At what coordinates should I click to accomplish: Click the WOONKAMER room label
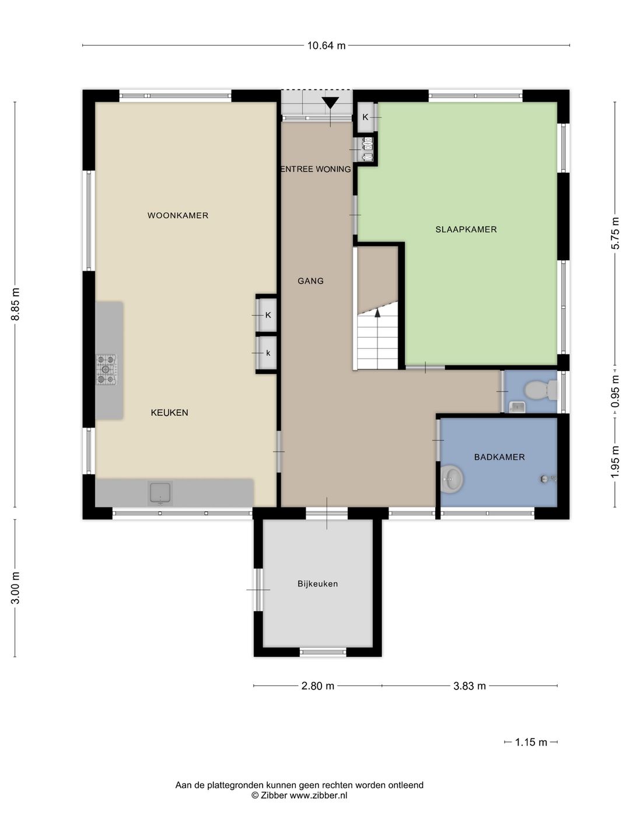tap(178, 215)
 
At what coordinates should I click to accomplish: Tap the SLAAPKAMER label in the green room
tap(466, 230)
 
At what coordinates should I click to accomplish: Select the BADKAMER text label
tap(499, 457)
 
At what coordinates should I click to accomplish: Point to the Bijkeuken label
tap(317, 583)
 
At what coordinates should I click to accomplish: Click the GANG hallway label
tap(310, 281)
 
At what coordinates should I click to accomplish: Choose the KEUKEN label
tap(169, 412)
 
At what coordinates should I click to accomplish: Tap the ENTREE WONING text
tap(316, 169)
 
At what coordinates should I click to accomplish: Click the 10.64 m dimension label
tap(326, 46)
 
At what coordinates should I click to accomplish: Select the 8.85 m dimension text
tap(15, 304)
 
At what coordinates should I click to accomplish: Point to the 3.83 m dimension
tap(470, 686)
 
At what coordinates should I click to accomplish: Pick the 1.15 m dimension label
tap(531, 742)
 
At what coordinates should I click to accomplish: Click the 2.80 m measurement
tap(317, 686)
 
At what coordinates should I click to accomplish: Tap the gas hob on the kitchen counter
tap(106, 369)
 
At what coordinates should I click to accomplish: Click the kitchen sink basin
tap(160, 494)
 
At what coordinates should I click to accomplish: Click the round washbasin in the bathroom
tap(453, 478)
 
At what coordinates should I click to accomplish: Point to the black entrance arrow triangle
tap(330, 103)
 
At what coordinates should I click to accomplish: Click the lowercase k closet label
tap(268, 353)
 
